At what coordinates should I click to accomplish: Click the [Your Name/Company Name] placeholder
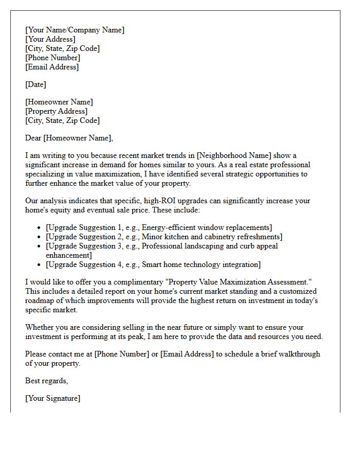[75, 30]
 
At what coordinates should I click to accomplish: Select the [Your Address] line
[50, 39]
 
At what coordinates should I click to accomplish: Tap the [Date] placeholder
[35, 84]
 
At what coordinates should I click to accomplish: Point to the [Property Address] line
[57, 111]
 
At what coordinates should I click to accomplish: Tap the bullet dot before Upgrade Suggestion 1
[40, 228]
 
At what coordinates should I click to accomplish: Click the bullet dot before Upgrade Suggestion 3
[40, 246]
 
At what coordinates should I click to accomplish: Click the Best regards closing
[46, 381]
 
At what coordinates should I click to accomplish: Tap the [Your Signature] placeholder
[52, 398]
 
